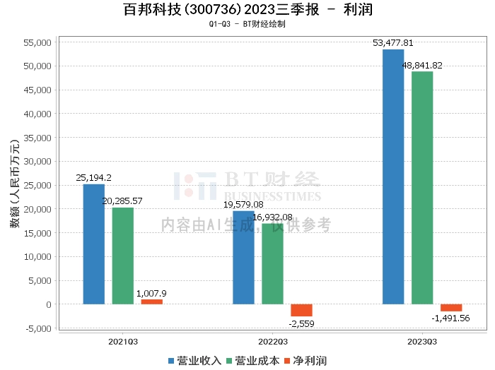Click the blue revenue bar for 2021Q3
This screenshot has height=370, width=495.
pos(93,244)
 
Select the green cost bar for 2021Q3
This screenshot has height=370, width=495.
pos(122,256)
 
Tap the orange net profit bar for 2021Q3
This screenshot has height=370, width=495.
pos(151,302)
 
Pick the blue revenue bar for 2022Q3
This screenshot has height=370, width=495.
pos(243,258)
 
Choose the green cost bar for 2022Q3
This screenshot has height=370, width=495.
pos(272,264)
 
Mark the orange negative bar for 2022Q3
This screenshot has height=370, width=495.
pos(301,310)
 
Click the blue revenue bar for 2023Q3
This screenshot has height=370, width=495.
pos(393,177)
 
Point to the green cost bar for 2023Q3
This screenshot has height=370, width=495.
pos(422,188)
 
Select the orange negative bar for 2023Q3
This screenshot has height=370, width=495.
pos(451,308)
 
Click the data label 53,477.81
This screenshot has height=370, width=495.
pos(393,43)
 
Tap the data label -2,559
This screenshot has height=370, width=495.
pos(302,323)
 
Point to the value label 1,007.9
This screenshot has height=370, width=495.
pos(151,292)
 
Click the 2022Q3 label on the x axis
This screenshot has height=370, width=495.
pos(272,341)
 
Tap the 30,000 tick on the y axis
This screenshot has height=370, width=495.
pos(36,162)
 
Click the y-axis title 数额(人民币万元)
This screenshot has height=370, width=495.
pos(14,186)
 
